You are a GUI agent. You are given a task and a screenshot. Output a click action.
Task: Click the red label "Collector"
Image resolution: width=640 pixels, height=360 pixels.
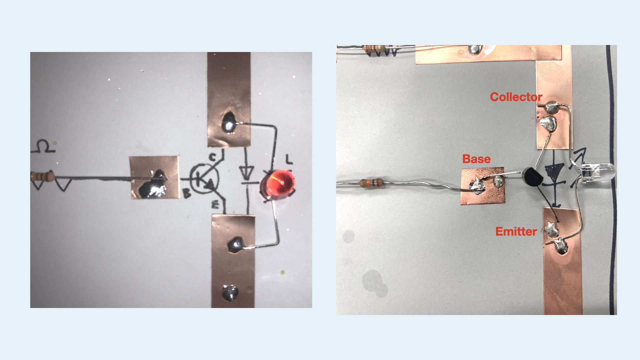516,97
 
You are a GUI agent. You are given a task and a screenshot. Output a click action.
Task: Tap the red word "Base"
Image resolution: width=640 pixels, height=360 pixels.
476,159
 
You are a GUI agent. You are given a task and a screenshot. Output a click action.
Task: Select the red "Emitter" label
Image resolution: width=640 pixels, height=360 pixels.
516,231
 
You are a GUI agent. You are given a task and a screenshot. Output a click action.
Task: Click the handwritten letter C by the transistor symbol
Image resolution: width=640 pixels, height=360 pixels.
212,157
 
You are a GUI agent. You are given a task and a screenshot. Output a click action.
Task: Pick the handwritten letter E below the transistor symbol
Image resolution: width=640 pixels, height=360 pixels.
215,204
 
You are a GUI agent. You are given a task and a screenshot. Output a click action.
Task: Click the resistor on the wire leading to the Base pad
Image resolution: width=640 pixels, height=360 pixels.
371,182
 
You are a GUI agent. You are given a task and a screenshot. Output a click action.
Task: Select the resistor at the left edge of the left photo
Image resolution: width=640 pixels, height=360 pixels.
42,176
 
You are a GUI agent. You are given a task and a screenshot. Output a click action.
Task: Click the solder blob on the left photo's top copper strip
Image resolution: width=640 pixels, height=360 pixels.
229,122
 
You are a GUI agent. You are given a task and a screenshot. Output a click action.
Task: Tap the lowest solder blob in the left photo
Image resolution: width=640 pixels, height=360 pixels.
230,293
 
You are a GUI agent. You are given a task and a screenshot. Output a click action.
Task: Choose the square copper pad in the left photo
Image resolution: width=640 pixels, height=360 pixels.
154,177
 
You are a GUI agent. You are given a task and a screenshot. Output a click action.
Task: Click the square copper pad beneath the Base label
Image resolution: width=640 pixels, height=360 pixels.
482,186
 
